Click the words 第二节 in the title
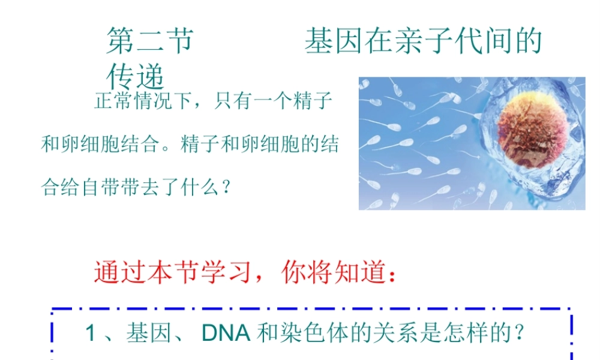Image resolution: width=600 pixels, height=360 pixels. coord(149,41)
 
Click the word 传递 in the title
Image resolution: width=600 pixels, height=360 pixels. coord(136,76)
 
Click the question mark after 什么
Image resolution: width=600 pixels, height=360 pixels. coord(226,188)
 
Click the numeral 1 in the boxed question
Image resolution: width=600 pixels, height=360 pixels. coord(91,333)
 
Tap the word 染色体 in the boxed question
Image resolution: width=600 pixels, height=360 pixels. coord(296,333)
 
